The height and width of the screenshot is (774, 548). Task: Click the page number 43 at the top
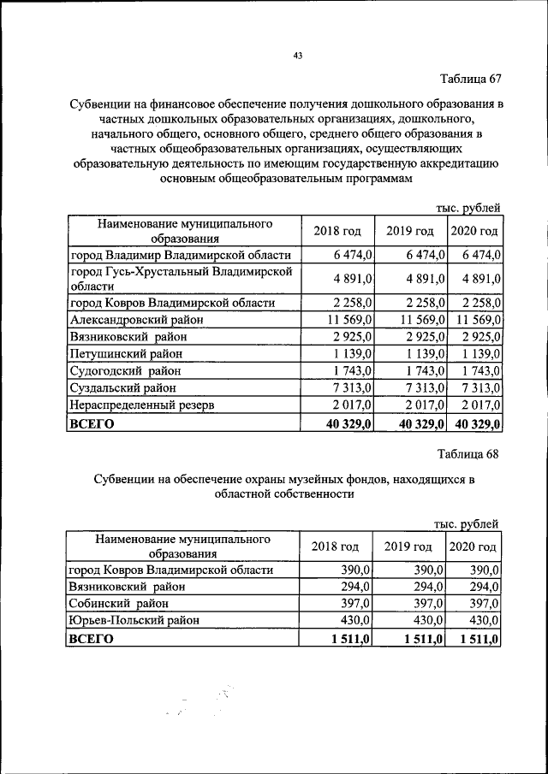point(298,56)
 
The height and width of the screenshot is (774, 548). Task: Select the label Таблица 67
point(470,80)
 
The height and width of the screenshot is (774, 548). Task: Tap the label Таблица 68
point(468,453)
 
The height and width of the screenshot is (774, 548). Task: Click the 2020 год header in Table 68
point(473,547)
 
